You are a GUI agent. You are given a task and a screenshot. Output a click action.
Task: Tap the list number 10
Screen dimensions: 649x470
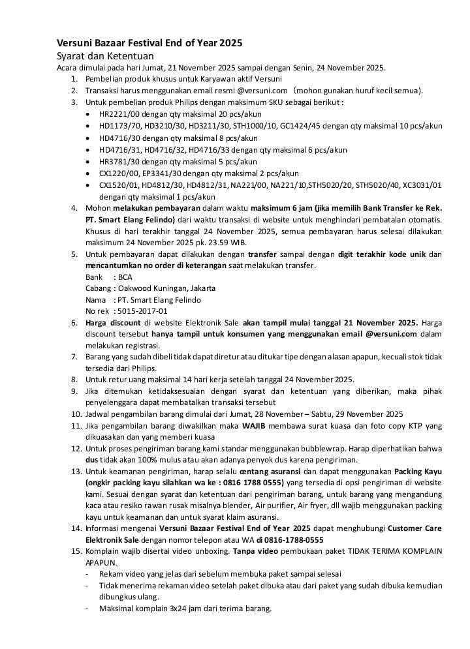click(74, 414)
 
